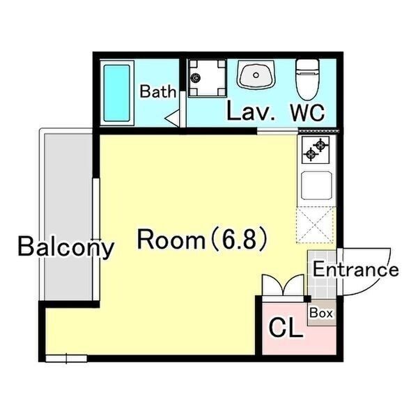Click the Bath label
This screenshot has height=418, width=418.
coord(158,91)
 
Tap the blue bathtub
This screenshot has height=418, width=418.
coord(117,93)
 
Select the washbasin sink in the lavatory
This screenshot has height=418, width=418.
coord(256,75)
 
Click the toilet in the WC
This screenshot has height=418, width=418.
coord(308,79)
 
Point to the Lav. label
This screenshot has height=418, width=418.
coord(251,112)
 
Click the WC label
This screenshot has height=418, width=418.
coord(307,112)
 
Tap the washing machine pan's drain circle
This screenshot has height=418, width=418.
coord(196,78)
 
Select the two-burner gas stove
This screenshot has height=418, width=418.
coord(316,150)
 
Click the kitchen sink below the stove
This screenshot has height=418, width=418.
coord(316,186)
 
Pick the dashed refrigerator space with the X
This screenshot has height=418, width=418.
coord(315,225)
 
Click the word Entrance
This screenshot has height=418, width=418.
coord(355,270)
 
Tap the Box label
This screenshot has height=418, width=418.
coord(321,313)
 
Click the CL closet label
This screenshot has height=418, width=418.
coord(286,328)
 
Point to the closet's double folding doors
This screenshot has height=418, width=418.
coord(283,285)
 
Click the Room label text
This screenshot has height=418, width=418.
coord(171,240)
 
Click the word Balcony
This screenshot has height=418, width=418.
coord(66,247)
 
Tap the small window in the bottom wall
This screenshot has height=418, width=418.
coord(66,359)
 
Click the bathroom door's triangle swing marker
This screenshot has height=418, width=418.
coord(173,118)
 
